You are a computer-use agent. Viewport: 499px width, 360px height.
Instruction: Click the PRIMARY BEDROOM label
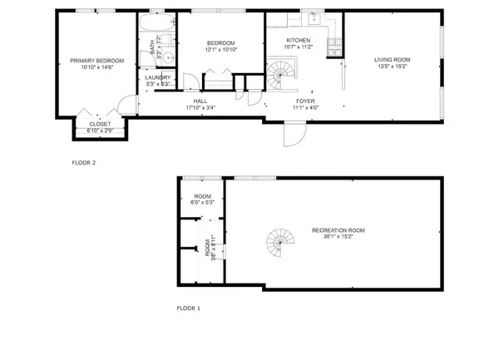[x=97, y=61]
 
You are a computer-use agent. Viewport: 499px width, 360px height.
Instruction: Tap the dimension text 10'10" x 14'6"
[x=97, y=67]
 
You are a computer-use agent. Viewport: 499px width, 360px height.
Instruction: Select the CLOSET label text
[x=99, y=124]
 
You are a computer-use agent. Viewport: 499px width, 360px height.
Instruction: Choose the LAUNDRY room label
[x=158, y=77]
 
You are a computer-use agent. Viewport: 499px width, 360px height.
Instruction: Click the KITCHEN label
[x=298, y=41]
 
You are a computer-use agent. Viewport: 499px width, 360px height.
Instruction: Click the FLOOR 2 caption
[x=84, y=163]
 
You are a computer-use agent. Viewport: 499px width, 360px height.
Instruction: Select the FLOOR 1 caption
[x=188, y=308]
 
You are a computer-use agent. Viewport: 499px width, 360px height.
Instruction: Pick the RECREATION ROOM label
[x=338, y=229]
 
